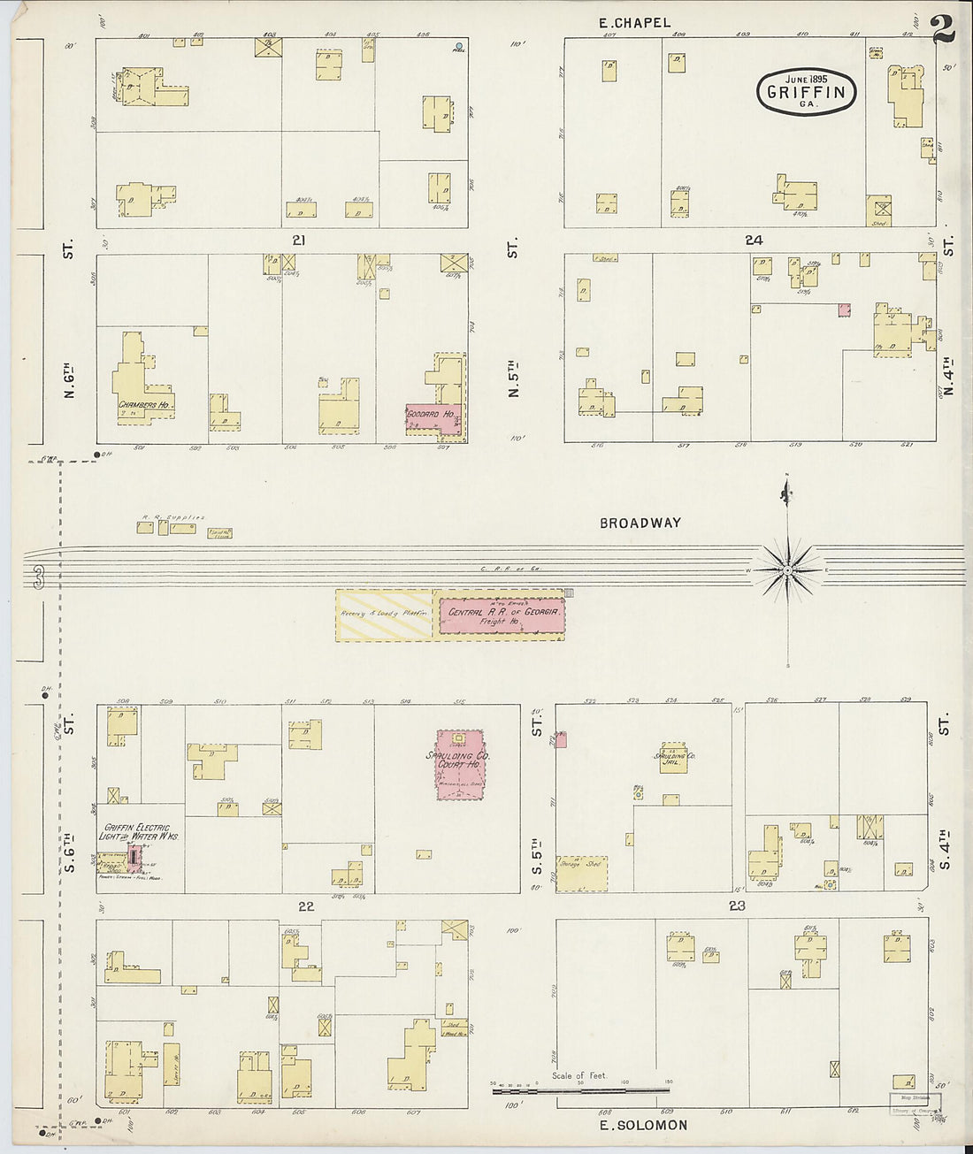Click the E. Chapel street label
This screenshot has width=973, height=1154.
(634, 23)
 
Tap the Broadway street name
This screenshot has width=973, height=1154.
(640, 523)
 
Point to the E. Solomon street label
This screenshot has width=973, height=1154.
(643, 1125)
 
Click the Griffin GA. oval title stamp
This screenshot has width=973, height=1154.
(806, 91)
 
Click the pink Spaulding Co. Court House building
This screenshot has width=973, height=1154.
(460, 765)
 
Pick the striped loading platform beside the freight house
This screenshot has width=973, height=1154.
(384, 615)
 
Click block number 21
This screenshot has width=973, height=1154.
(299, 241)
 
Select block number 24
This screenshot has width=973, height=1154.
(754, 241)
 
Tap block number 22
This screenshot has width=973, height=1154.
(306, 906)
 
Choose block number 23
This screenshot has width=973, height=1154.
(737, 906)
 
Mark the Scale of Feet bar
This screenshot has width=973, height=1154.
(579, 1090)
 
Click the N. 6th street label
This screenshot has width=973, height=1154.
(69, 376)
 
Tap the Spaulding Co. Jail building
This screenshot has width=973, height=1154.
(674, 758)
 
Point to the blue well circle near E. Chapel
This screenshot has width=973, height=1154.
(458, 45)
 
